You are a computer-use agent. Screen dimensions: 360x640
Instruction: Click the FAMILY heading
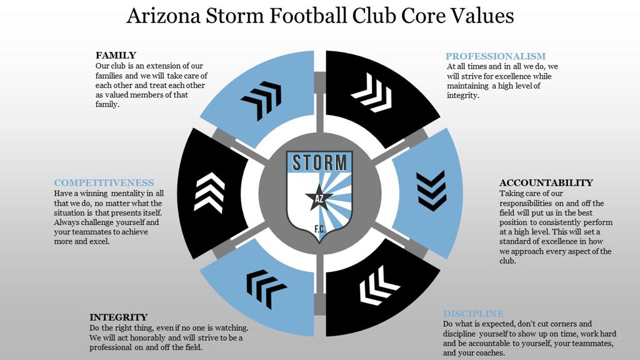pos(116,55)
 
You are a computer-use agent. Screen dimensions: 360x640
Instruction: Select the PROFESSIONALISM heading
pos(496,56)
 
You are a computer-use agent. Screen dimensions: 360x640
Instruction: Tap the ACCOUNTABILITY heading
pos(546,182)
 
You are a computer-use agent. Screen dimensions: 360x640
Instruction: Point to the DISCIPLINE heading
pos(473,314)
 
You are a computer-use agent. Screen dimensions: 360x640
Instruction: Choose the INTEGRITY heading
pos(118,317)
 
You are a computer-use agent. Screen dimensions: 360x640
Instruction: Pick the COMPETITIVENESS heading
pos(104,182)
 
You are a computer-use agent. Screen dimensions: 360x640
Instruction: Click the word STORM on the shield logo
pos(319,162)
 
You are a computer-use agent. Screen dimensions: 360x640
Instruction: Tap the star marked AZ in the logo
pos(319,198)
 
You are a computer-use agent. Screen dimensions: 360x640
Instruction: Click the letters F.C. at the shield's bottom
pos(319,230)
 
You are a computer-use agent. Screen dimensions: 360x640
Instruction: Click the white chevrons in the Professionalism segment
pos(371,92)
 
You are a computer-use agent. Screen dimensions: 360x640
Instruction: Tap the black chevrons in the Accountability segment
pos(431,190)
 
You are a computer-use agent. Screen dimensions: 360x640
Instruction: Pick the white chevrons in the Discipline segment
pos(379,286)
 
